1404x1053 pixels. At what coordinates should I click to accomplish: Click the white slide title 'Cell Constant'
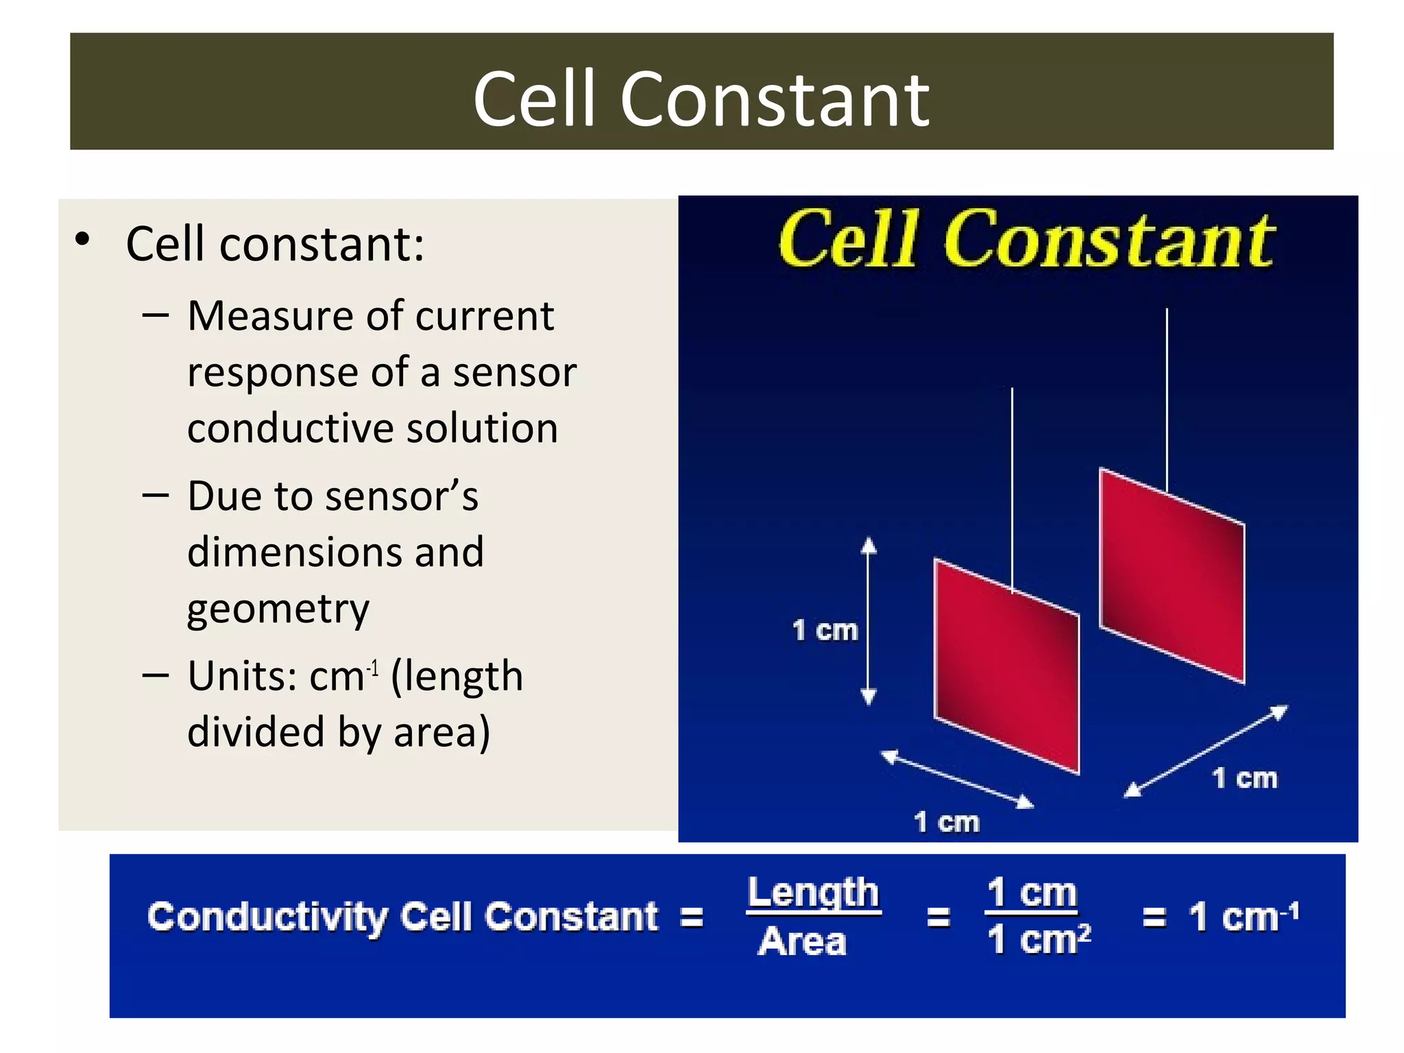pyautogui.click(x=701, y=99)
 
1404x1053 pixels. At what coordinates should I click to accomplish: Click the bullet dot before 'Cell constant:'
pyautogui.click(x=83, y=240)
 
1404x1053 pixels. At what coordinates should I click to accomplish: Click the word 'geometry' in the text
pyautogui.click(x=278, y=609)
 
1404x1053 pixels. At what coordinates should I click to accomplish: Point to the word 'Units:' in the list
pyautogui.click(x=242, y=676)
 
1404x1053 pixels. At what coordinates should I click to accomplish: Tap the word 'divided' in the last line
pyautogui.click(x=256, y=732)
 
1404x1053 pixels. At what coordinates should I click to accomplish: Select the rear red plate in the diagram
pyautogui.click(x=1172, y=576)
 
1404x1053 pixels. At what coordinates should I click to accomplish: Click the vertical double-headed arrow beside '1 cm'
pyautogui.click(x=869, y=620)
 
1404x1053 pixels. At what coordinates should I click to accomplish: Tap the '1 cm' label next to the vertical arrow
pyautogui.click(x=825, y=630)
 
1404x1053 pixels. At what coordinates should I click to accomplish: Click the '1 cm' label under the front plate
pyautogui.click(x=946, y=821)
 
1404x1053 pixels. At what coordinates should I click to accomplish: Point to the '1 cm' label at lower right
pyautogui.click(x=1244, y=778)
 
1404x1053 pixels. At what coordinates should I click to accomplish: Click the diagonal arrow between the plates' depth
pyautogui.click(x=1206, y=751)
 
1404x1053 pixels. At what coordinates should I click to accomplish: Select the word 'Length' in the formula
pyautogui.click(x=813, y=893)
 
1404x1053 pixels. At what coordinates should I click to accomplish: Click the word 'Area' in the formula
pyautogui.click(x=802, y=941)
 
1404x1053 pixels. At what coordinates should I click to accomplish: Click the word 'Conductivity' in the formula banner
pyautogui.click(x=267, y=917)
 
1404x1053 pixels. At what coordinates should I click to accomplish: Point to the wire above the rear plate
pyautogui.click(x=1167, y=398)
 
